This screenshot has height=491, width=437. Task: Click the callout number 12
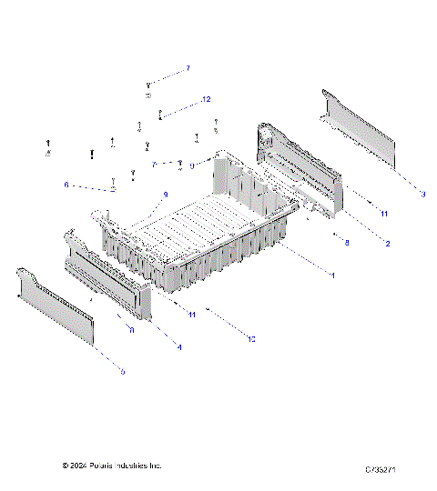206,98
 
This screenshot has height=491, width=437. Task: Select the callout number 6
66,185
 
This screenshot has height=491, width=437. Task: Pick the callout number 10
251,338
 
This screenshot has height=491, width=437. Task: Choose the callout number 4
178,347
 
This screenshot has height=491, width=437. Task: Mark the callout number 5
123,371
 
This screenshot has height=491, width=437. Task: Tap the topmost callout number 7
188,68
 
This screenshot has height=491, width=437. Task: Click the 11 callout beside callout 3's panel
383,214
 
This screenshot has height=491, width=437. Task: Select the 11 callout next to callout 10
192,314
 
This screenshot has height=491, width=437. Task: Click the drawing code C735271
385,469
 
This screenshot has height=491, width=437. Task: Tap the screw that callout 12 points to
161,115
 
